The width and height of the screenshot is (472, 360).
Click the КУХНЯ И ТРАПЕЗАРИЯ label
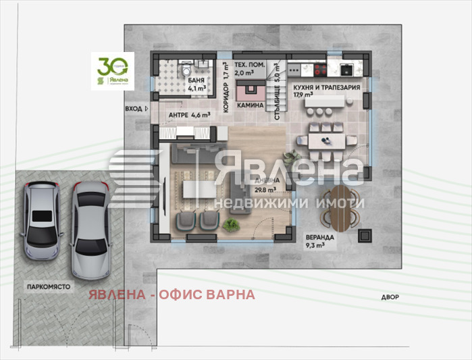pyautogui.click(x=325, y=88)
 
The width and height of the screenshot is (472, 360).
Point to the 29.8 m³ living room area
pyautogui.click(x=263, y=190)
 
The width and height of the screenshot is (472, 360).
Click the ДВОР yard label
pyautogui.click(x=390, y=297)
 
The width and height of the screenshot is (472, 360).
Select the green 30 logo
pyautogui.click(x=113, y=71)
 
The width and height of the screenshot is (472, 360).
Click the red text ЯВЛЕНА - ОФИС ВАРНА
pyautogui.click(x=172, y=294)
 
